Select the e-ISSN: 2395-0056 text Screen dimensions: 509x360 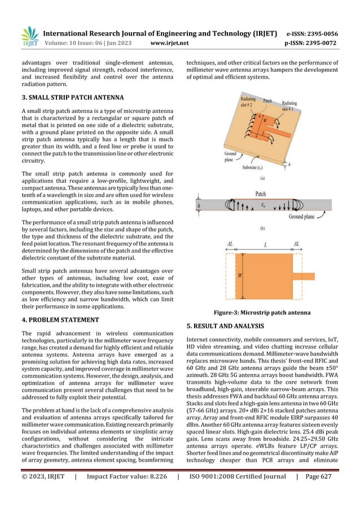click(312, 33)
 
